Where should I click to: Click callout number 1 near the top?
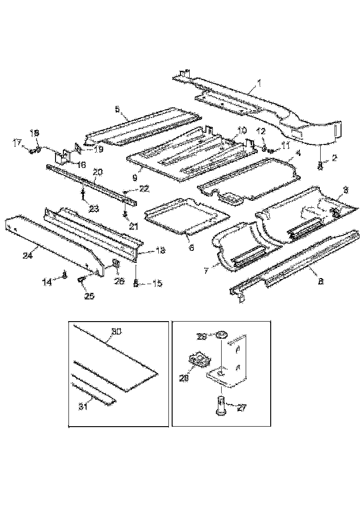[x=260, y=83]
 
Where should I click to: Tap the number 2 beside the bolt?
[x=335, y=158]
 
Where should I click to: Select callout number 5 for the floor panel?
[x=117, y=109]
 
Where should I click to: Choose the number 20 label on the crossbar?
[x=97, y=172]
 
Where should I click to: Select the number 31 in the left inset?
[x=83, y=407]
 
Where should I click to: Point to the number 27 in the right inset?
[x=242, y=408]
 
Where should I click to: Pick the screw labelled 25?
[x=82, y=279]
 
